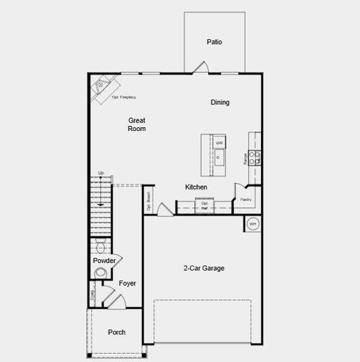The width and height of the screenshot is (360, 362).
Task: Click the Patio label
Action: coord(214,42)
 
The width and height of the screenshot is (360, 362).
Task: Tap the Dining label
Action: coord(220,103)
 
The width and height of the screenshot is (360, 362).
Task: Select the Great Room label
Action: coord(137,124)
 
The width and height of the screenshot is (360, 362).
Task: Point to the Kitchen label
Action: coord(196,188)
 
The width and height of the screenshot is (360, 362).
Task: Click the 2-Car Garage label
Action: coord(204,268)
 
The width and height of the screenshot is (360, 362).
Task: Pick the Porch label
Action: coord(116,332)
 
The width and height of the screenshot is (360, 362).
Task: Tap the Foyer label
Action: coord(127,284)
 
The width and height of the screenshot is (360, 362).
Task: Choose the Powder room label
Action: coord(104,261)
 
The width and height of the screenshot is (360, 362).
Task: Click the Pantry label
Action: coord(246,199)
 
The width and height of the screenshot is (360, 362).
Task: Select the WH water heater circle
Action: coord(253,224)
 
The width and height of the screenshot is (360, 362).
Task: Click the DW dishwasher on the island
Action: coord(219,143)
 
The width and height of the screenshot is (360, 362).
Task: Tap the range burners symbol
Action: coord(256,157)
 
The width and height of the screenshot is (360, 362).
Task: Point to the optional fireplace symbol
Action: coord(103,87)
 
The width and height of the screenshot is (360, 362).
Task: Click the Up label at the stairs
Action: coord(101,173)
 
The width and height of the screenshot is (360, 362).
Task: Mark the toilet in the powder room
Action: coord(101,247)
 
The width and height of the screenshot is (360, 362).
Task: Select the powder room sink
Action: coord(100,273)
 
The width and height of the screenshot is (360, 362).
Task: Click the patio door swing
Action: coord(202,68)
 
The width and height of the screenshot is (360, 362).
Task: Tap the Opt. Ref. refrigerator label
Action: coord(204,206)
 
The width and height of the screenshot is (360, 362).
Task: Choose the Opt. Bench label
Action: coord(148,202)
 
